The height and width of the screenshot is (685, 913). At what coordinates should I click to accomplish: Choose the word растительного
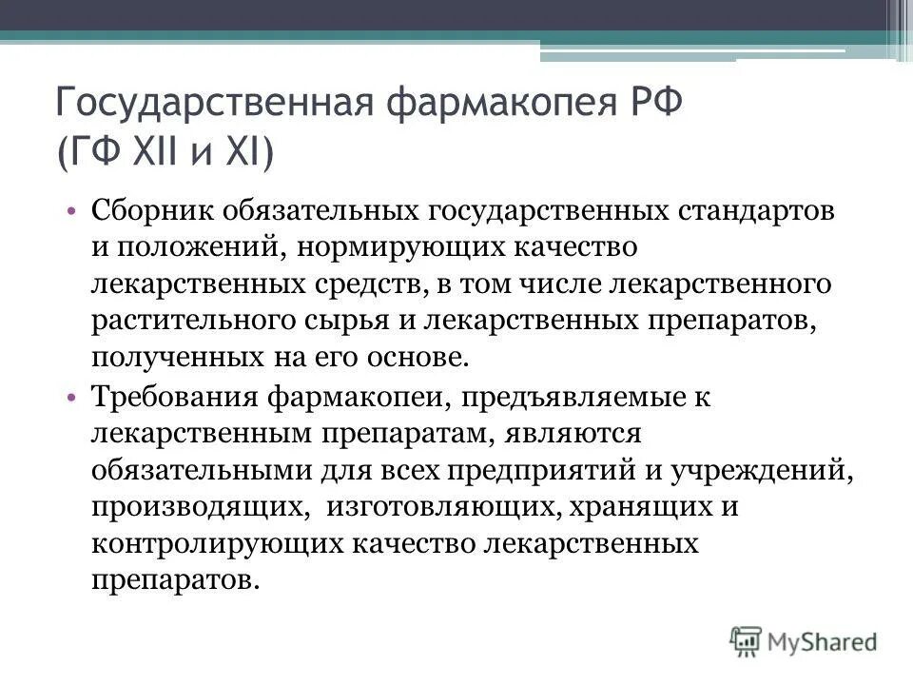click(x=189, y=320)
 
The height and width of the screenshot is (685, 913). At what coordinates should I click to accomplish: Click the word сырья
click(x=340, y=320)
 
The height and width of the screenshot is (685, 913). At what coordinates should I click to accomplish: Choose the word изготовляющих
click(x=444, y=506)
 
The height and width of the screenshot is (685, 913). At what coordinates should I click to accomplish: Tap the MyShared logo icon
click(x=747, y=640)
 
